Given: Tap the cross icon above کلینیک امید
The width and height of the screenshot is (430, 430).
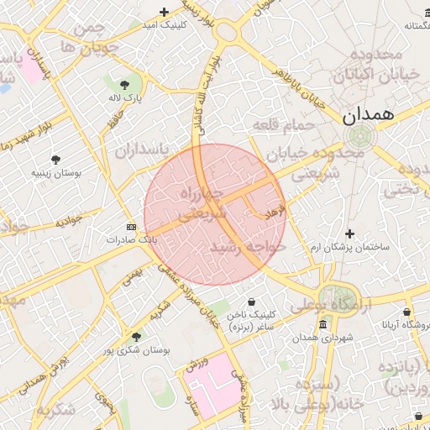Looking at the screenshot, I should (164, 12).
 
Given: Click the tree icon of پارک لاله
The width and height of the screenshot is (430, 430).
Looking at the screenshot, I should (125, 85).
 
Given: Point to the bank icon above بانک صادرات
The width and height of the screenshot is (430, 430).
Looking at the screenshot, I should (131, 227).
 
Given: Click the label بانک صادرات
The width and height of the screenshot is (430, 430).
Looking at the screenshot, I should (131, 239).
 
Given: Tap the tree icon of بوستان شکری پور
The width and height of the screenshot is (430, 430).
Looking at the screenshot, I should (136, 336).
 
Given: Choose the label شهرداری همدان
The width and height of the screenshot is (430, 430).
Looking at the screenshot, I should (322, 338).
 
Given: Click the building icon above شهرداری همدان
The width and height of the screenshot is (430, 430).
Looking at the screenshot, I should (322, 325).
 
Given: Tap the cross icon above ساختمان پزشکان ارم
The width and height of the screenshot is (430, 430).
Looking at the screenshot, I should (350, 233).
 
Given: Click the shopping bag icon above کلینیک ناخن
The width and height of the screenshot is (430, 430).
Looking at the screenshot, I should (252, 302).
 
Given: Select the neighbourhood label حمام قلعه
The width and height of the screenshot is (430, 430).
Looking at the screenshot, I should (283, 125).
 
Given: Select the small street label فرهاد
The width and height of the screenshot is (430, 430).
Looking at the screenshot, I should (275, 211).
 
